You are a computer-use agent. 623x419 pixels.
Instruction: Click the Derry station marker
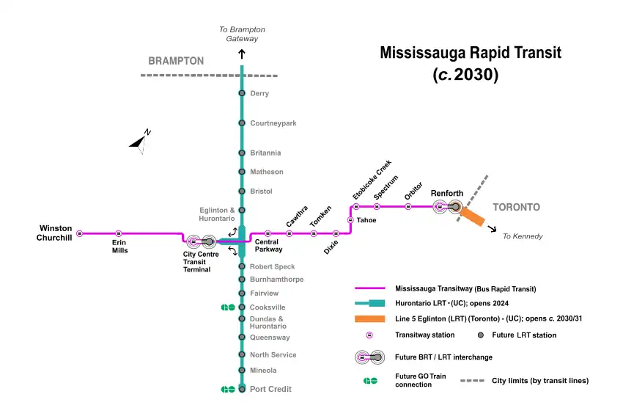point(242,93)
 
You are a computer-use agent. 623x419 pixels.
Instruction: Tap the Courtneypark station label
point(273,123)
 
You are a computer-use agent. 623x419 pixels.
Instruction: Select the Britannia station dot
point(242,153)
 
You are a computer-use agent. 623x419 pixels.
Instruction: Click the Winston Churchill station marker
point(80,233)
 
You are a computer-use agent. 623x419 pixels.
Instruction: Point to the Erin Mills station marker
point(119,233)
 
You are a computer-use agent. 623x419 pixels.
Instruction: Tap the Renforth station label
point(446,193)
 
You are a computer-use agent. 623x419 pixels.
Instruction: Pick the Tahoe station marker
point(350,220)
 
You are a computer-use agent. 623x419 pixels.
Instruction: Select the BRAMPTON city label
point(176,61)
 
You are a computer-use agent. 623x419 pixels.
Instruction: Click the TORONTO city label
point(516,207)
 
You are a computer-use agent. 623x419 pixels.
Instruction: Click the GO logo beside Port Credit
point(228,389)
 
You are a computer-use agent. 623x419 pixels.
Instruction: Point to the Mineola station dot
point(242,371)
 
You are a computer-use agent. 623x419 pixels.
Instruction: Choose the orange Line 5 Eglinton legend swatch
point(369,318)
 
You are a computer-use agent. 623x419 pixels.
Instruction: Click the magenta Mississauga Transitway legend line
point(369,289)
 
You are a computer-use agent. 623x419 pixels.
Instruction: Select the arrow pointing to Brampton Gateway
point(242,54)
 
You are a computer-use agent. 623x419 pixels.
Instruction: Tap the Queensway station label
point(270,338)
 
